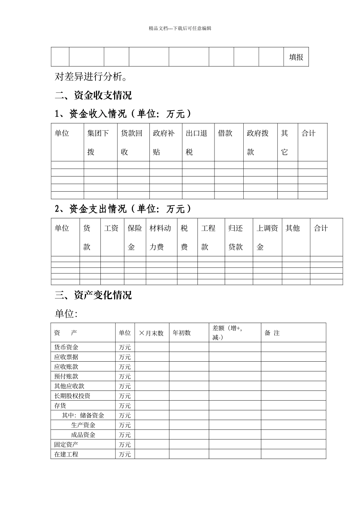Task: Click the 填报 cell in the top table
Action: pyautogui.click(x=296, y=57)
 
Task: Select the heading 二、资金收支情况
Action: pyautogui.click(x=93, y=95)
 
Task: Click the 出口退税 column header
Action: pyautogui.click(x=196, y=142)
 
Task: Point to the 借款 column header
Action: pyautogui.click(x=225, y=133)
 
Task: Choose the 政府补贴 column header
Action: pyautogui.click(x=164, y=142)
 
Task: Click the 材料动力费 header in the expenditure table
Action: pyautogui.click(x=160, y=237)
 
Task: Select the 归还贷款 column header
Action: pyautogui.click(x=235, y=237)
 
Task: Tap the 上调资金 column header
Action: pyautogui.click(x=267, y=237)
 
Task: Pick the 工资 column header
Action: pyautogui.click(x=111, y=228)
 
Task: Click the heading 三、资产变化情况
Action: pyautogui.click(x=93, y=295)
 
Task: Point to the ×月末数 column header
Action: pyautogui.click(x=151, y=333)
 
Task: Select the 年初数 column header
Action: pyautogui.click(x=182, y=333)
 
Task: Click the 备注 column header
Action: pyautogui.click(x=272, y=333)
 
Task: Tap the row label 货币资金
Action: pyautogui.click(x=66, y=347)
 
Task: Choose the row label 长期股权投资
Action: pyautogui.click(x=72, y=396)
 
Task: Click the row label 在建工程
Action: pyautogui.click(x=66, y=454)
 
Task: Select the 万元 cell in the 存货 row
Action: pyautogui.click(x=125, y=406)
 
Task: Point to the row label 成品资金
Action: pyautogui.click(x=83, y=435)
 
